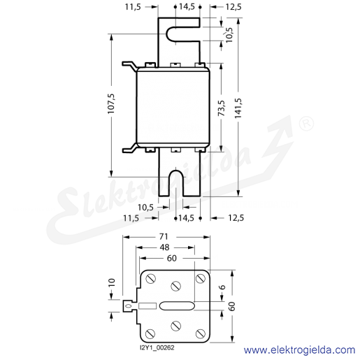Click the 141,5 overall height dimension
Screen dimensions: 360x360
tap(238, 108)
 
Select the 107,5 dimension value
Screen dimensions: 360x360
tap(111, 103)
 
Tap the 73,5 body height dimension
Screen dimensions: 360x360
tap(222, 108)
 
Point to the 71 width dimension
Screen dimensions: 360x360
tap(164, 236)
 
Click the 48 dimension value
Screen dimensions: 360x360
tap(164, 247)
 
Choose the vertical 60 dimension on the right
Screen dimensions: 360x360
tap(232, 306)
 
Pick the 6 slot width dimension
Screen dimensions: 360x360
tap(222, 287)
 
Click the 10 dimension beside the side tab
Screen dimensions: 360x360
tap(112, 282)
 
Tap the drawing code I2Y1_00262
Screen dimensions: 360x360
tap(157, 348)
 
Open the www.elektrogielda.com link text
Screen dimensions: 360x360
tap(300, 350)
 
